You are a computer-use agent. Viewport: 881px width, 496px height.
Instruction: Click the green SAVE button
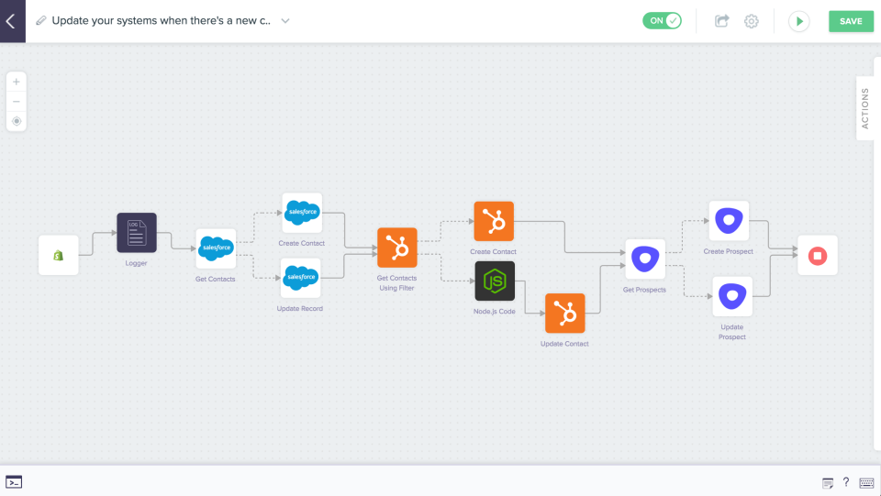851,21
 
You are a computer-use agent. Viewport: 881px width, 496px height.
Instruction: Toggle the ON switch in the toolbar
662,21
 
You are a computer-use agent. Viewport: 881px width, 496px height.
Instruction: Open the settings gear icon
751,21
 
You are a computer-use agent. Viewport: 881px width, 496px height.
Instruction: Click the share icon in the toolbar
722,21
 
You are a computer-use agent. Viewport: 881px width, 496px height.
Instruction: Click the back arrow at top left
11,21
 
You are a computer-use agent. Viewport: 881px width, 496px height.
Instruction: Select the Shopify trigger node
58,255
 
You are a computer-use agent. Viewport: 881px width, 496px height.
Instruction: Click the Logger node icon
137,233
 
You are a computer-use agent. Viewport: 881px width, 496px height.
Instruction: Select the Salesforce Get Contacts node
216,248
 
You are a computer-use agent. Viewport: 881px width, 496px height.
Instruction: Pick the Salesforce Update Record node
301,277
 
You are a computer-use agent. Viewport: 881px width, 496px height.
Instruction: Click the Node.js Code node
495,281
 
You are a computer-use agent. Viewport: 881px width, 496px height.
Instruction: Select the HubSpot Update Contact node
564,314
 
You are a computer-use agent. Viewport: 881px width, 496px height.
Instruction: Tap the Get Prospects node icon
645,259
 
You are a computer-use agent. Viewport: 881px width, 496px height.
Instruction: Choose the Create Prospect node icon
729,221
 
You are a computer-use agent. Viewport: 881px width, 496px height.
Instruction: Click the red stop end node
817,255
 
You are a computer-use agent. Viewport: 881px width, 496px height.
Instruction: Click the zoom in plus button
17,82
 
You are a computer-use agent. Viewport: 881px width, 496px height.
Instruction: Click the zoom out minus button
17,101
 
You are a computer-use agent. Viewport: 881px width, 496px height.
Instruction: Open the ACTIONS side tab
865,108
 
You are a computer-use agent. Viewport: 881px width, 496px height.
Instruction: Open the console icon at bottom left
14,482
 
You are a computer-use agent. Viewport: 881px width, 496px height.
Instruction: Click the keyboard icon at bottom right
866,483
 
